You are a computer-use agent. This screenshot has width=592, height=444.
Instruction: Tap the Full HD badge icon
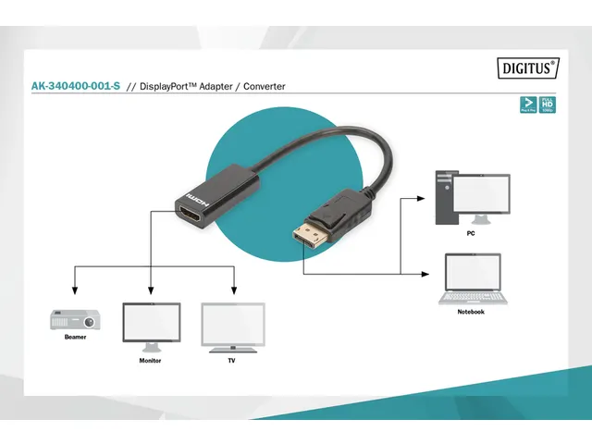pos(547,104)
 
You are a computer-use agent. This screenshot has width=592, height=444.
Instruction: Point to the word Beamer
pos(76,338)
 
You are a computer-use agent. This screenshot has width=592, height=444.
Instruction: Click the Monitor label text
pos(150,360)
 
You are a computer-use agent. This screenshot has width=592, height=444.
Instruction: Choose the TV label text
pos(232,360)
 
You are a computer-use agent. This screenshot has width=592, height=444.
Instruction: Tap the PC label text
pos(471,233)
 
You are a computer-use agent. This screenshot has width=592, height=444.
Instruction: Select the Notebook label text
pos(471,312)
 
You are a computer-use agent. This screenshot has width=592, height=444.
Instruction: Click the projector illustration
pos(74,319)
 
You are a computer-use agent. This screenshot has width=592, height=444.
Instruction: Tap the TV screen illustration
pos(233,324)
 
